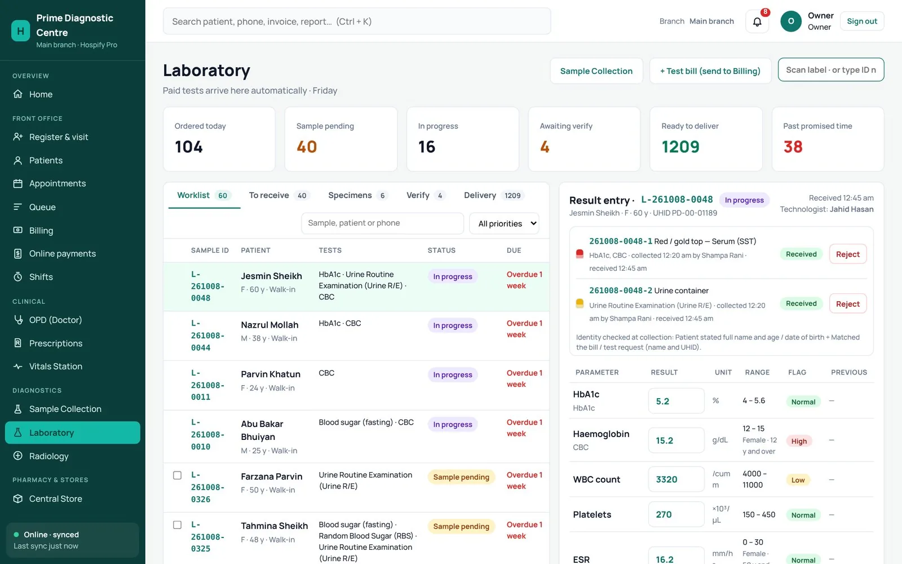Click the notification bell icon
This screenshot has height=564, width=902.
point(757,22)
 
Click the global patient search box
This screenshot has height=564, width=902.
point(357,21)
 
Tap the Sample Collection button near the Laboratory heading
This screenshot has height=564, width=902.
point(596,71)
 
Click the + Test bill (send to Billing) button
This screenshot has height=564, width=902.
point(710,71)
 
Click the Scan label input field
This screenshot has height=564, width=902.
point(831,70)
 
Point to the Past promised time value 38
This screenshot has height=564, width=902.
point(793,147)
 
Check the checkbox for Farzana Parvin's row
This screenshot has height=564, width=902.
point(177,475)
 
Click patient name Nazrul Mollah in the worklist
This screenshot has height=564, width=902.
point(270,325)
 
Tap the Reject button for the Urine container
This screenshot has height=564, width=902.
point(848,304)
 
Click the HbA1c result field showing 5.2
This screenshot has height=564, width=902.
point(676,401)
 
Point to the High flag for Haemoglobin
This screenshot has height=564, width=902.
point(799,441)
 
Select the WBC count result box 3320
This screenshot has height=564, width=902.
point(676,479)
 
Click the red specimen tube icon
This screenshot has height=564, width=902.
point(580,254)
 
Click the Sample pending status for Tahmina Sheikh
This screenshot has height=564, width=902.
point(461,526)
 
